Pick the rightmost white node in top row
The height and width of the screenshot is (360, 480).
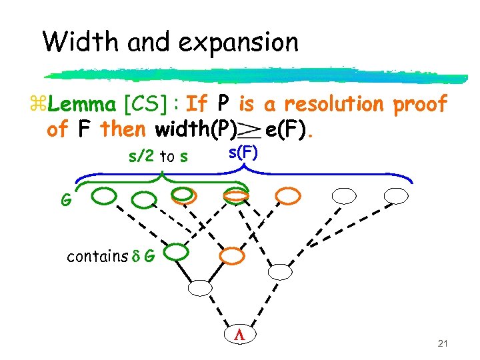[396, 195]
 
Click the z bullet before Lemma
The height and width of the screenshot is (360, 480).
[36, 105]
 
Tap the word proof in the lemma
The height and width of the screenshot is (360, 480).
[420, 105]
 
